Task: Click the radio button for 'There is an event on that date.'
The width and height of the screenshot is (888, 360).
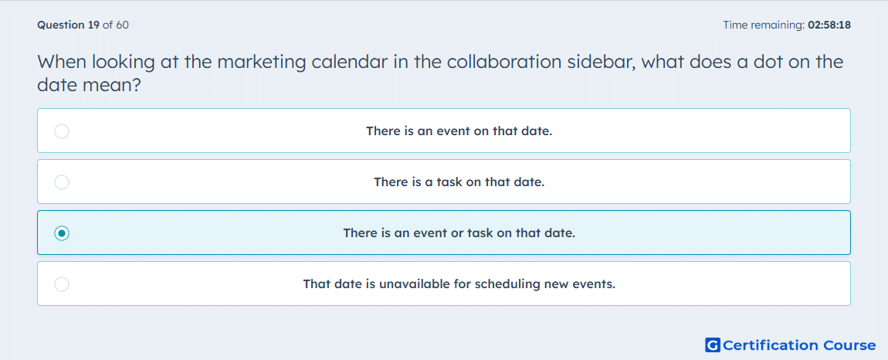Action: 62,131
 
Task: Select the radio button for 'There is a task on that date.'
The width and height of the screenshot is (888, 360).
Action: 62,182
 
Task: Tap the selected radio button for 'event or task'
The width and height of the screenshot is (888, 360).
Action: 62,233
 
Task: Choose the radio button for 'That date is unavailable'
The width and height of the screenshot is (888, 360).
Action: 62,284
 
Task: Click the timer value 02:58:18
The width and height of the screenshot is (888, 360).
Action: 829,25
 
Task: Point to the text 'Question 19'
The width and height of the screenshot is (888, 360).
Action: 69,25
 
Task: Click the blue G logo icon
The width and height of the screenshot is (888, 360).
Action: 713,345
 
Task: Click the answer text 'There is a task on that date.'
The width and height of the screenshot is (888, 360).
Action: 459,182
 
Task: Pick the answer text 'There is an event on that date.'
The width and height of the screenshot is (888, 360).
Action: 459,131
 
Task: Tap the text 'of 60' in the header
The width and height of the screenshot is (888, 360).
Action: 116,25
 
